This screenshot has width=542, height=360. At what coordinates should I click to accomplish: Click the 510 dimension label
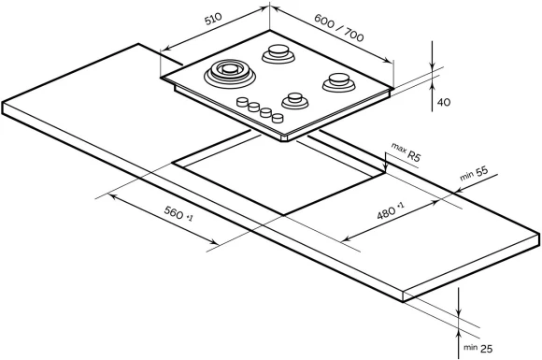pyautogui.click(x=213, y=19)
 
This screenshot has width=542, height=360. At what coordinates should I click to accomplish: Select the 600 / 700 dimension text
pyautogui.click(x=339, y=28)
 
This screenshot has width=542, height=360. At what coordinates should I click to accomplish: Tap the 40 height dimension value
pyautogui.click(x=444, y=102)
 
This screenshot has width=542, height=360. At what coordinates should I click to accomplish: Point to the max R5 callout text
pyautogui.click(x=406, y=151)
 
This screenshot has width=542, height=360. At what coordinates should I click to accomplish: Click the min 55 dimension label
pyautogui.click(x=474, y=174)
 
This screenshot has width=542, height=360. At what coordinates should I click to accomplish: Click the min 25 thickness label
pyautogui.click(x=478, y=348)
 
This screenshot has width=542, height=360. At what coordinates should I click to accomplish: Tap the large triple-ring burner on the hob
pyautogui.click(x=230, y=72)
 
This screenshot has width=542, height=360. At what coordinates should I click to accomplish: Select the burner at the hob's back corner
pyautogui.click(x=278, y=53)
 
